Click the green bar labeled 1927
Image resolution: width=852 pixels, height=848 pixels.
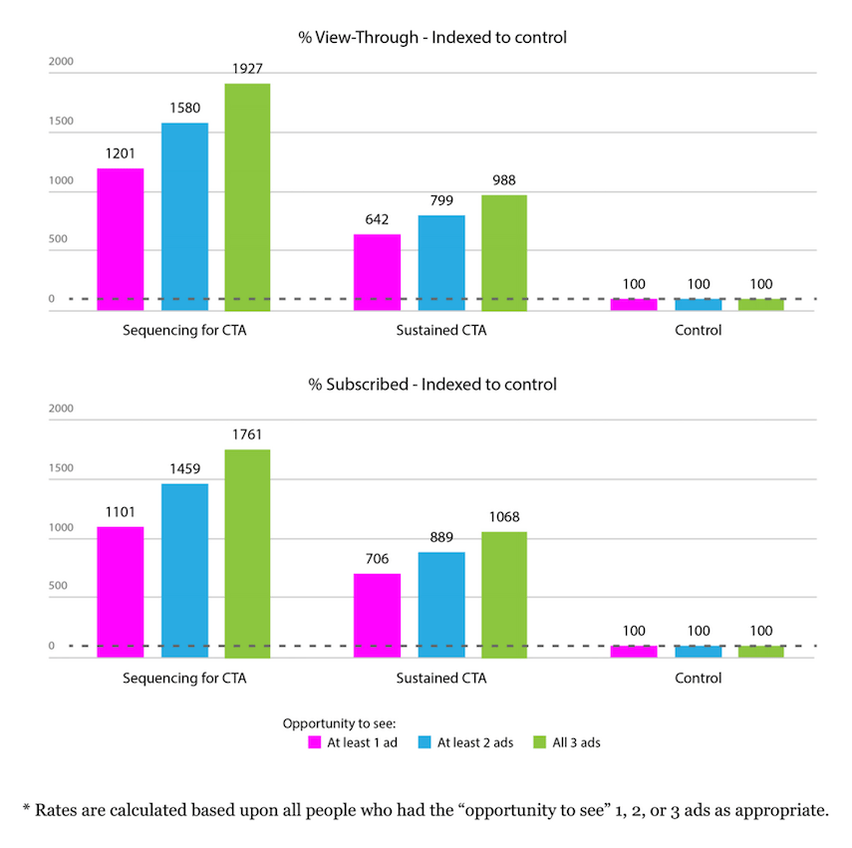(247, 196)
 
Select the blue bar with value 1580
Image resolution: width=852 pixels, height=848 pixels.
(184, 216)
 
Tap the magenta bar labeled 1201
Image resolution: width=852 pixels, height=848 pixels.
(121, 239)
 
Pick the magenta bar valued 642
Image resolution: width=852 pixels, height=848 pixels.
(377, 272)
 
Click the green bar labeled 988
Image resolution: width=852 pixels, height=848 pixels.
(504, 252)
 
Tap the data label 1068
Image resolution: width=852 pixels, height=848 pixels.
(504, 517)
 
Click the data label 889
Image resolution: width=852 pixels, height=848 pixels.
(440, 537)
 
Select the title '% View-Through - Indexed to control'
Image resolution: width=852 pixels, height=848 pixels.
(432, 38)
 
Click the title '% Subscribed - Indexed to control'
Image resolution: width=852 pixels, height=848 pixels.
(432, 385)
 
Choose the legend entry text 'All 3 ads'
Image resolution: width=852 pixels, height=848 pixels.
(577, 743)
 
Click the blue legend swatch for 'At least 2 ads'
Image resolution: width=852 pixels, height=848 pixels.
(423, 743)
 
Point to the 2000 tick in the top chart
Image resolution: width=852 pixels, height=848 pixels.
(61, 62)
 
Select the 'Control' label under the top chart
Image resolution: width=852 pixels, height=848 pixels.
(698, 331)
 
